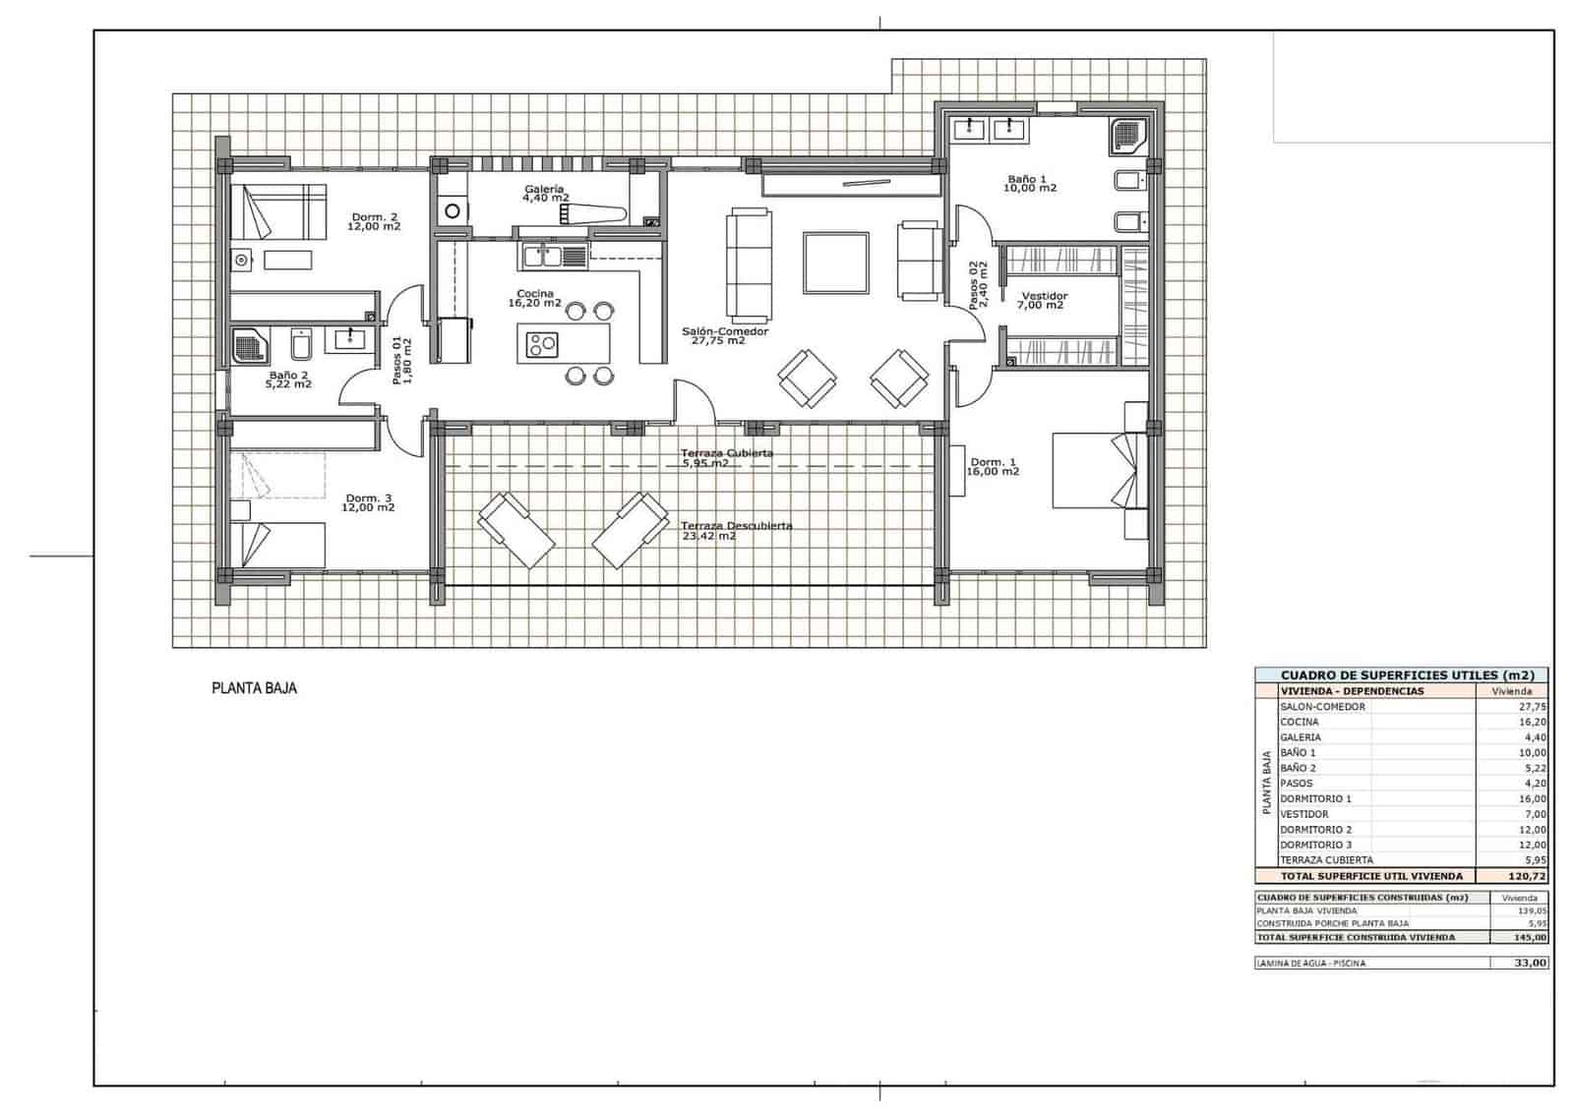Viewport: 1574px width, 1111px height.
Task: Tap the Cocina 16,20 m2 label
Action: [x=534, y=298]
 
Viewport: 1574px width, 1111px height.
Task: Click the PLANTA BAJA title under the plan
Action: [x=254, y=688]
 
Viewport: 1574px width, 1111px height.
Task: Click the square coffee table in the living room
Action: [x=835, y=263]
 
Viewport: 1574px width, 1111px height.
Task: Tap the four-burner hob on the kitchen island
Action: [x=541, y=344]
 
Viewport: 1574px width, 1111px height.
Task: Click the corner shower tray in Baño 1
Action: [x=1128, y=138]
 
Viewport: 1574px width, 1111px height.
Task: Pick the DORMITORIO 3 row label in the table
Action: [x=1315, y=845]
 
